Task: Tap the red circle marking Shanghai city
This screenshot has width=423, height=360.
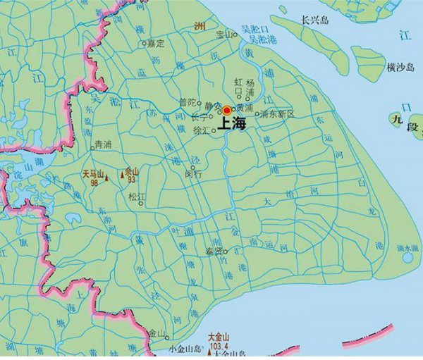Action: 226,111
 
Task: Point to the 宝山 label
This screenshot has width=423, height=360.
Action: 223,33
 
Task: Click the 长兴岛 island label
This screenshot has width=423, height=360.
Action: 315,20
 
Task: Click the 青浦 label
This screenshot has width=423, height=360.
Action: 102,146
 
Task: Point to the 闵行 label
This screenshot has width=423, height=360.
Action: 192,173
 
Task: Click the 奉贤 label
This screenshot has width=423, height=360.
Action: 214,250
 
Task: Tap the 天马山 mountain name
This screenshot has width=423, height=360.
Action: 93,173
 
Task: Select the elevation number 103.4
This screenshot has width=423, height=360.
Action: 220,347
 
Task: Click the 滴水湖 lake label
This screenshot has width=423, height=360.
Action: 408,248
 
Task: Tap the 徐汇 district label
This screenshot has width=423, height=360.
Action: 201,130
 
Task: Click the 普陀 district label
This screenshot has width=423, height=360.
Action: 188,102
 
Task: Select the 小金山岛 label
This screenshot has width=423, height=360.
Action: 185,349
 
